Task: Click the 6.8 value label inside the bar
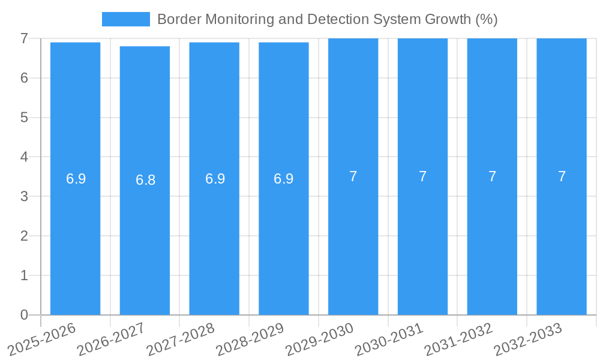(x=145, y=180)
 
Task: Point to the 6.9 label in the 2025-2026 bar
(x=76, y=179)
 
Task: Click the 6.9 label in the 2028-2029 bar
(x=284, y=179)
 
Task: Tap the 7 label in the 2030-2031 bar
(x=422, y=176)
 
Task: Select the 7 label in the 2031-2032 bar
(x=492, y=176)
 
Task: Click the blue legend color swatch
(x=126, y=19)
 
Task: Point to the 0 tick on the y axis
(x=24, y=315)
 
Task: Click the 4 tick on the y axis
(x=24, y=157)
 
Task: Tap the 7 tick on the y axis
(x=24, y=38)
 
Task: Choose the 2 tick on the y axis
(x=24, y=236)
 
